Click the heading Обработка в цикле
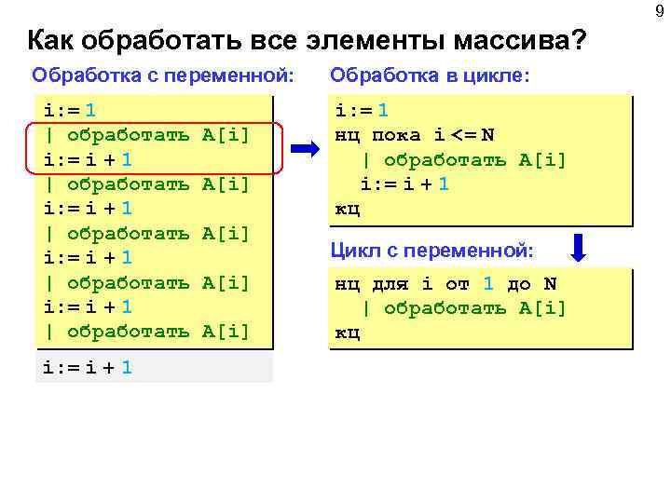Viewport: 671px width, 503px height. point(430,74)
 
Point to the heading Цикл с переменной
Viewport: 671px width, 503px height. point(432,250)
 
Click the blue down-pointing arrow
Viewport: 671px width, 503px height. point(579,249)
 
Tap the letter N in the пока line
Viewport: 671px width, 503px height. point(488,135)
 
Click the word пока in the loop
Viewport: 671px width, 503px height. point(396,135)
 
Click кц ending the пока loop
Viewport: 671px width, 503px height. point(347,208)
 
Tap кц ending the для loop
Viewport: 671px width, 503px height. point(347,333)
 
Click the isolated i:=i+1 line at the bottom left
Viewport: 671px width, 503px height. point(88,367)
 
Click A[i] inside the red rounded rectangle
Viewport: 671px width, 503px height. point(226,135)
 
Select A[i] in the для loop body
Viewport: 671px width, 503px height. point(542,308)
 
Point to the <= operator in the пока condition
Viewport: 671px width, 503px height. point(462,135)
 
